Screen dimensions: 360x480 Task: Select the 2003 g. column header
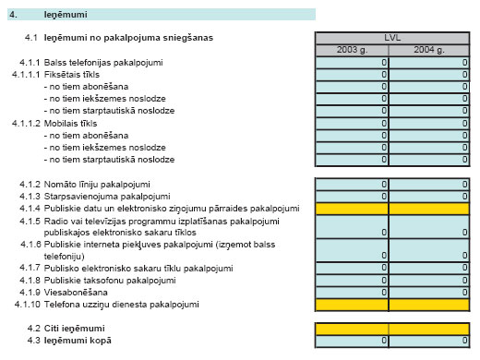pos(353,50)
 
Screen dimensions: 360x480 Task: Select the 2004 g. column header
pos(429,50)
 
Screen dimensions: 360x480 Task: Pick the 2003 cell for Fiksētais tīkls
pos(353,74)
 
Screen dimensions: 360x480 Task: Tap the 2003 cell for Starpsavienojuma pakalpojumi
pos(353,196)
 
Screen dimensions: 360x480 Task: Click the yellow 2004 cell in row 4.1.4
pos(429,208)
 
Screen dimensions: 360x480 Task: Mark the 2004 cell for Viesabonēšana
pos(429,292)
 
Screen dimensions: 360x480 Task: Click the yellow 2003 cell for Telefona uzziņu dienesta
pos(353,304)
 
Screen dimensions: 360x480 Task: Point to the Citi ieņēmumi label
pos(78,329)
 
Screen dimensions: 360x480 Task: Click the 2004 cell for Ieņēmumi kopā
pos(429,341)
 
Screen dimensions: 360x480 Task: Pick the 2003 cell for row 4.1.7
pos(353,268)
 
